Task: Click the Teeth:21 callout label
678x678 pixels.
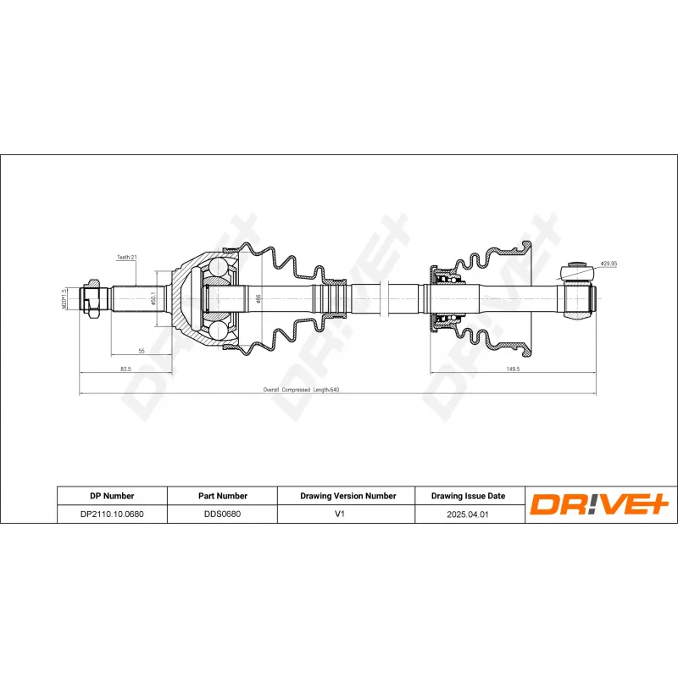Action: (x=126, y=257)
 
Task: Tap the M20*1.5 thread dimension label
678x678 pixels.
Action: (x=64, y=298)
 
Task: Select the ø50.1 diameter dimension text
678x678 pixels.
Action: (x=153, y=298)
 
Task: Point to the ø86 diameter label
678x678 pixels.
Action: (x=258, y=298)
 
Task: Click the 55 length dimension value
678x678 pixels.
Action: (x=142, y=351)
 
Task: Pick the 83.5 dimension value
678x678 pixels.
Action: (x=125, y=369)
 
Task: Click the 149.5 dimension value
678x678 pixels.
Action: (x=513, y=369)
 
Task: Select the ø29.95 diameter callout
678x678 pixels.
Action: (x=609, y=264)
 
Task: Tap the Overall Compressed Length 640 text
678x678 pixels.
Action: (x=301, y=390)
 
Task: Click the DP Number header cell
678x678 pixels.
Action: (x=112, y=496)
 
